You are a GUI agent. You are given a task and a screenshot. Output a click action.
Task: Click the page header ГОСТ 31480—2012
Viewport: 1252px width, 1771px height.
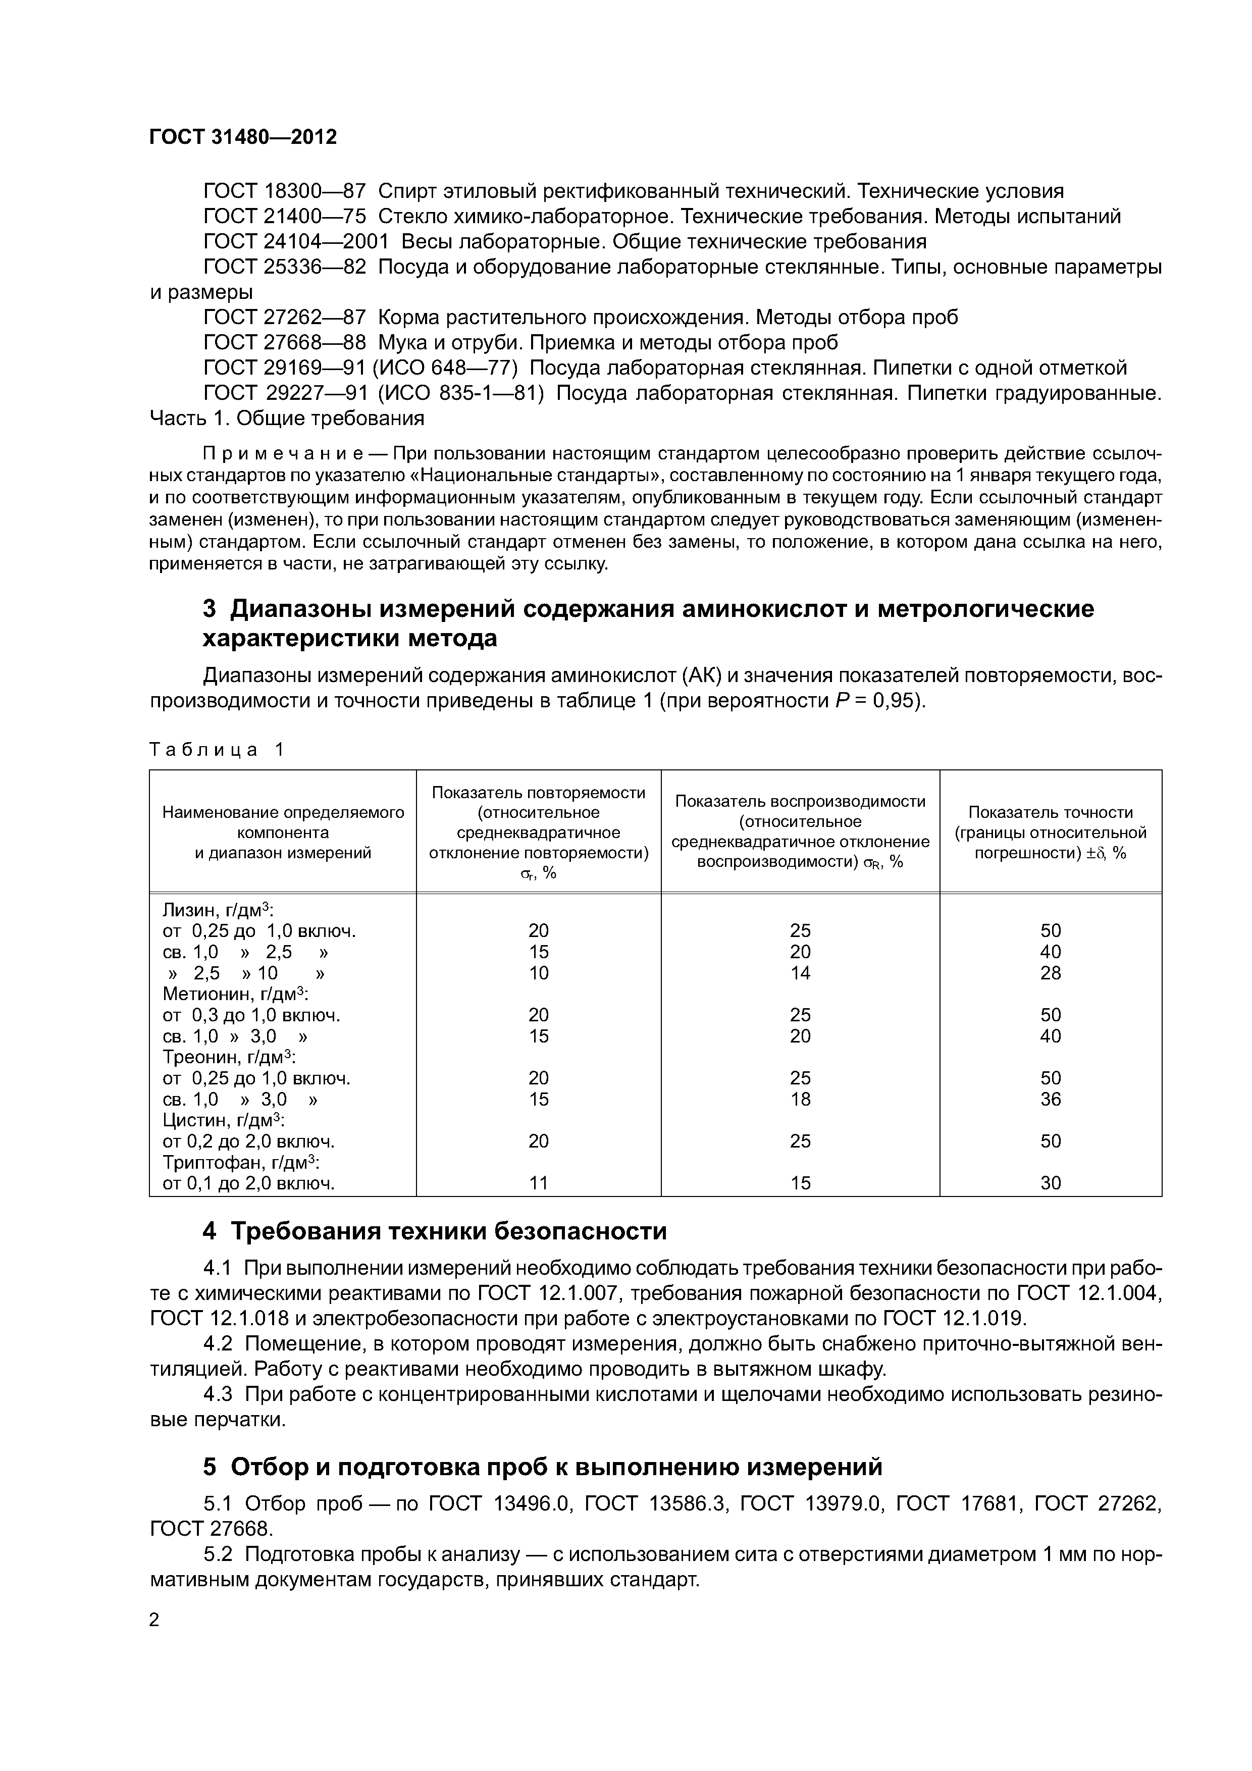[243, 137]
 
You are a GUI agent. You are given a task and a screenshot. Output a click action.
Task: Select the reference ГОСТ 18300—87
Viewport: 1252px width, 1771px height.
[284, 191]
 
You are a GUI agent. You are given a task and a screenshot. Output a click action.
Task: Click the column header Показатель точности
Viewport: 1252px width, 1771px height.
[1050, 812]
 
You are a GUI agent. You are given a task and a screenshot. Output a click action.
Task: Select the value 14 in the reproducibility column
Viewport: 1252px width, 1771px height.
[800, 973]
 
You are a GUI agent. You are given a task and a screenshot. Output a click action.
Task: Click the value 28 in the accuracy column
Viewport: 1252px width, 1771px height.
[1050, 973]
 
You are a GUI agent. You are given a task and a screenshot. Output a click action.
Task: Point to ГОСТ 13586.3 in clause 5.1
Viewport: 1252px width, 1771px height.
[657, 1503]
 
